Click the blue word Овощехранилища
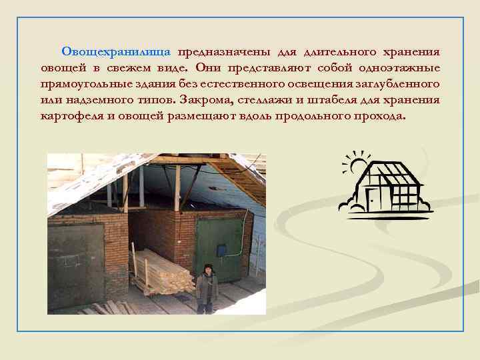pyautogui.click(x=116, y=52)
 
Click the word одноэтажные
pyautogui.click(x=399, y=68)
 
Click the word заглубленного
pyautogui.click(x=398, y=84)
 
